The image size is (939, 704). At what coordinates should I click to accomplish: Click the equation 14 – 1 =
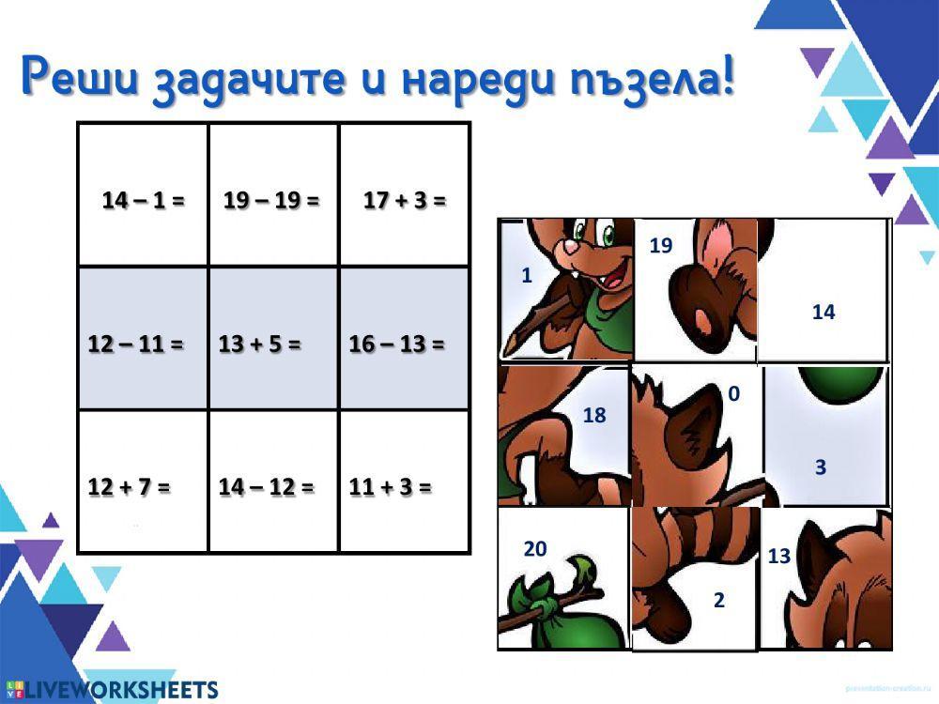[143, 200]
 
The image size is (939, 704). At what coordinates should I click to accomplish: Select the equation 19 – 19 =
[271, 200]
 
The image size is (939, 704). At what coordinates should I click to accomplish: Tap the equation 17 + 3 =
[405, 200]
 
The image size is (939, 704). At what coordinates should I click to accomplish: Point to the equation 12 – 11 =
[135, 344]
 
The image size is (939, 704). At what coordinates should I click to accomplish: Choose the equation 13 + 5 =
[260, 344]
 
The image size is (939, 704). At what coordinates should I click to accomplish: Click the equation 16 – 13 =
[396, 344]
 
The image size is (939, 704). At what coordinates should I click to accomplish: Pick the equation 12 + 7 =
[130, 487]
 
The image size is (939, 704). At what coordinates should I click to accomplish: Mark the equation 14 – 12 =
[267, 487]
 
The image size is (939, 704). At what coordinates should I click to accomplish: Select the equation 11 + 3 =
[391, 487]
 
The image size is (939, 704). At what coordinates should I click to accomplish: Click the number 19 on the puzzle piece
[661, 246]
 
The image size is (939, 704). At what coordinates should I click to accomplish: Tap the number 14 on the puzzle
[824, 313]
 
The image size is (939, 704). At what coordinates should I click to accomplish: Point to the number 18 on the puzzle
[594, 415]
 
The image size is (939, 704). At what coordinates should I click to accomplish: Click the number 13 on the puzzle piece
[779, 556]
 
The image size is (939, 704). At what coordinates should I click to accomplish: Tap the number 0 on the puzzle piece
[733, 395]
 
